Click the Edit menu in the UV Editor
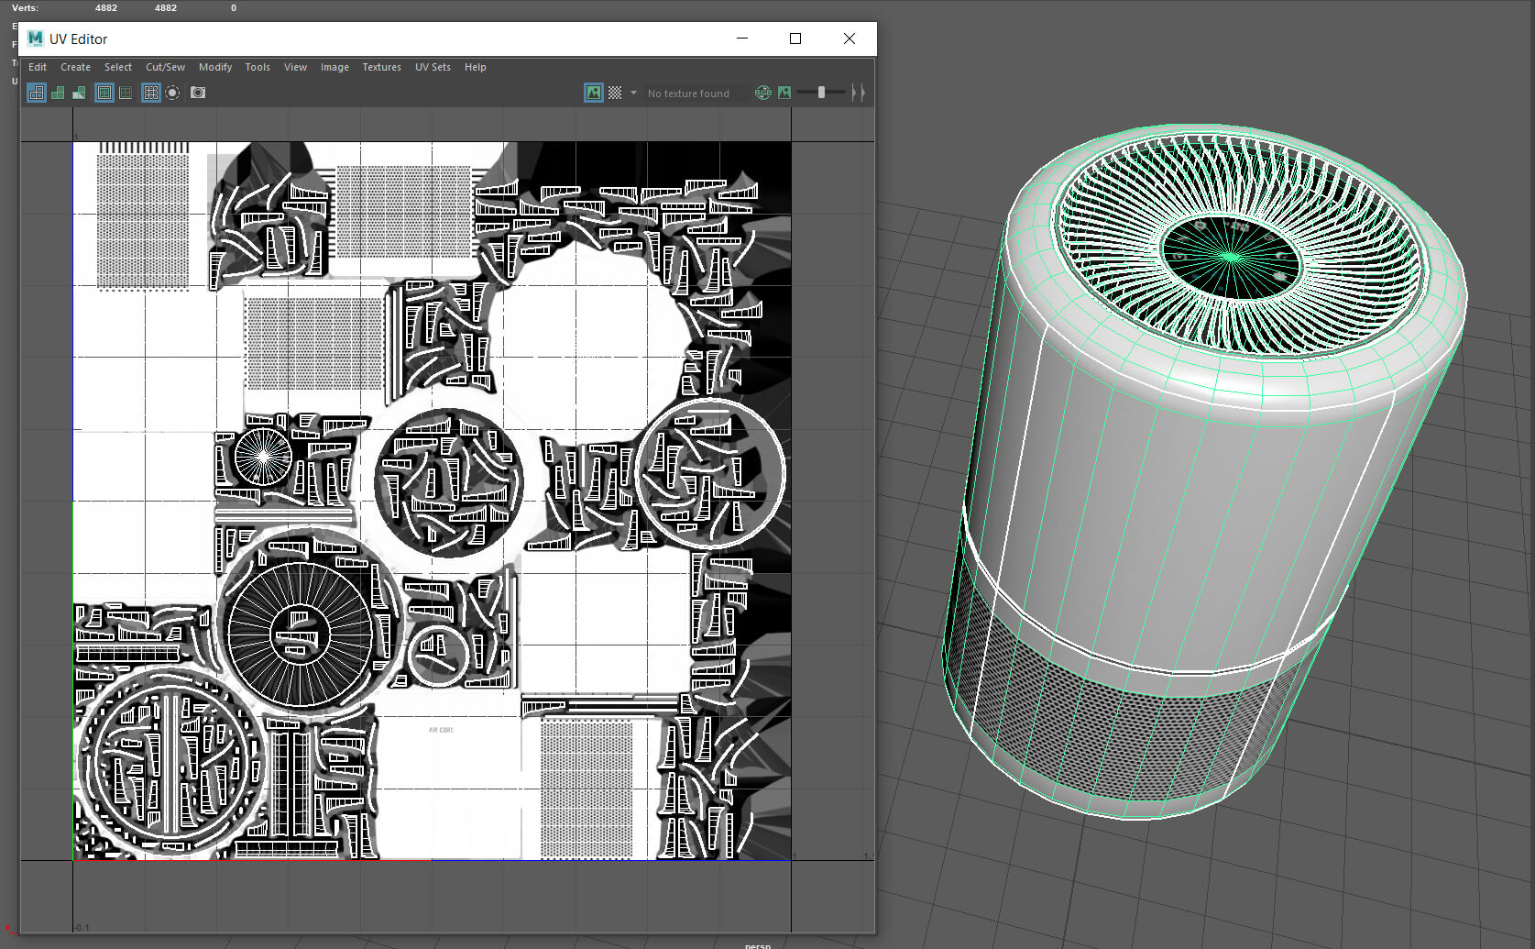[38, 67]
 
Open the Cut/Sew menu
[165, 67]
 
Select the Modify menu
[215, 67]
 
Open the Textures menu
[381, 67]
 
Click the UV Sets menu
[433, 67]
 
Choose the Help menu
[475, 67]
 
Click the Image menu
[334, 67]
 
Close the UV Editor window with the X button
[849, 39]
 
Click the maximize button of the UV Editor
[795, 39]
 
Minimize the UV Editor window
[742, 39]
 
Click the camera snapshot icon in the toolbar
[198, 93]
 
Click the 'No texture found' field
[688, 94]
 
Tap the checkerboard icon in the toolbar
[615, 93]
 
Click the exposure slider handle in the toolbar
[821, 93]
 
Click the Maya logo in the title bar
[36, 39]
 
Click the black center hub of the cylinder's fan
[1231, 257]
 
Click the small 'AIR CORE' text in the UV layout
[441, 730]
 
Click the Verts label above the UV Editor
[25, 7]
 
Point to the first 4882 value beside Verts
[106, 7]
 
